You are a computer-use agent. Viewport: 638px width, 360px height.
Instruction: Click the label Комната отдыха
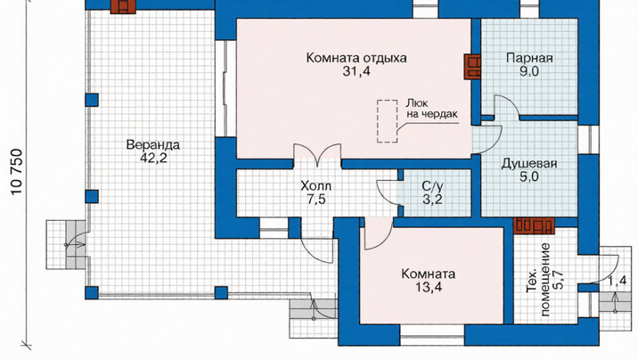(356, 58)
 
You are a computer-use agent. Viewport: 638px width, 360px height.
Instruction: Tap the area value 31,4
(356, 71)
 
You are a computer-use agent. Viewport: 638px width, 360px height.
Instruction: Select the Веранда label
(152, 145)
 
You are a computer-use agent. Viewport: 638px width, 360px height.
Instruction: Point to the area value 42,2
(153, 159)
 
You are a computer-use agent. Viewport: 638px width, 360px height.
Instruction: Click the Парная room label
(529, 58)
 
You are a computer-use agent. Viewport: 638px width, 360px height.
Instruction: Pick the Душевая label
(529, 164)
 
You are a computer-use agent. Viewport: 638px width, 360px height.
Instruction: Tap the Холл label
(315, 186)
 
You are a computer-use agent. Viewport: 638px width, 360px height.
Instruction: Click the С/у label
(432, 186)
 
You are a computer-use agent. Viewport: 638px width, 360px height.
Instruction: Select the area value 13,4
(429, 287)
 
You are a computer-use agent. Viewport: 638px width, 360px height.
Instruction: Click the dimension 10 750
(16, 172)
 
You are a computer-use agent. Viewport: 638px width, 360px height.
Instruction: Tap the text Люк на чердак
(431, 109)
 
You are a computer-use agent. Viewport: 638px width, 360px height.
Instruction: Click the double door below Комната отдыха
(317, 155)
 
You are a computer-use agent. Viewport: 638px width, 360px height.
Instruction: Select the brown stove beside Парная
(472, 67)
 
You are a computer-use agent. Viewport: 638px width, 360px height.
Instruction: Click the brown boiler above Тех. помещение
(534, 225)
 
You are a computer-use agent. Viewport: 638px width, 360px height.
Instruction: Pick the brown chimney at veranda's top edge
(123, 5)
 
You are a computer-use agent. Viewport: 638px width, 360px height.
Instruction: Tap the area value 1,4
(618, 281)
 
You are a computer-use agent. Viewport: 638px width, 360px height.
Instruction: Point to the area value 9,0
(529, 71)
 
